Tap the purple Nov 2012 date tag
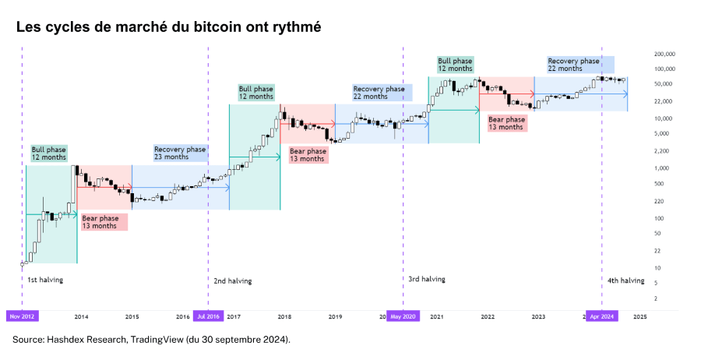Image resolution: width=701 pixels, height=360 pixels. (23, 316)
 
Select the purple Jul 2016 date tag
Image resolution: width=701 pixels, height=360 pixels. (208, 316)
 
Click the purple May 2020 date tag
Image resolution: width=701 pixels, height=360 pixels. (403, 316)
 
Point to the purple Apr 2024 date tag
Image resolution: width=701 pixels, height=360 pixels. (602, 316)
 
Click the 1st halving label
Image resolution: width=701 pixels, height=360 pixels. (45, 279)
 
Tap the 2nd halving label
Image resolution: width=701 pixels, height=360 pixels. (233, 281)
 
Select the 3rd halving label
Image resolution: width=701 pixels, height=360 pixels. (427, 278)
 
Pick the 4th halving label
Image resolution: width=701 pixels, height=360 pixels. (626, 280)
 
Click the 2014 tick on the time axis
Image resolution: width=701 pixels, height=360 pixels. (81, 317)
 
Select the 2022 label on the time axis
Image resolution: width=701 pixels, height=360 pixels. (488, 317)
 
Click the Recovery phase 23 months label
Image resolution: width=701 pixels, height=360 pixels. (180, 154)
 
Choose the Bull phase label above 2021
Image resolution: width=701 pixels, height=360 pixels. (456, 65)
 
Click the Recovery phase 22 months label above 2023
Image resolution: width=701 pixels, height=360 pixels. (574, 65)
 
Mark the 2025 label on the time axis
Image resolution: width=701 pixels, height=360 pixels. (639, 317)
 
